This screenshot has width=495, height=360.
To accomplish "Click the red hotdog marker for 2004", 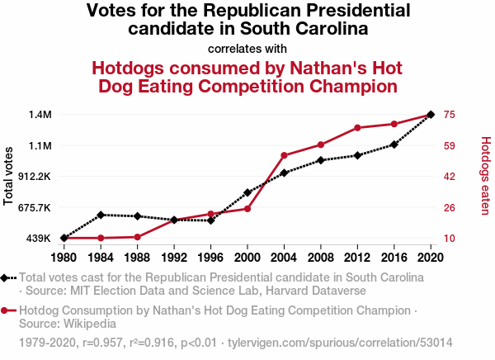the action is point(284,155).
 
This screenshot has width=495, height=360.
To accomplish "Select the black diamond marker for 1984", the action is point(101,215).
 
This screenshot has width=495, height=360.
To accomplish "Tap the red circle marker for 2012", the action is point(357,128).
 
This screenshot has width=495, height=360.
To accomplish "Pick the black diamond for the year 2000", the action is point(247,192).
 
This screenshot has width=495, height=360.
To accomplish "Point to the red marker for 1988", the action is point(137,237).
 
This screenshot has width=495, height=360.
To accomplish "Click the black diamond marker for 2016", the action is point(394,144).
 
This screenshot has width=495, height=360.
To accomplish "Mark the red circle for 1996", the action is point(210,214).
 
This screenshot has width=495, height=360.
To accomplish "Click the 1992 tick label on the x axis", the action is point(174,258).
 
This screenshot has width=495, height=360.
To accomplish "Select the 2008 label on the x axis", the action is point(320,258).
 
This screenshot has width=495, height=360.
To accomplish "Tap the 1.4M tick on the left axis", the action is point(40,115).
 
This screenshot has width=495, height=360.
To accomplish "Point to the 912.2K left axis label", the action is point(35,177).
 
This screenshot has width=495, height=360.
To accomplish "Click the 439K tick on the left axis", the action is point(39,239).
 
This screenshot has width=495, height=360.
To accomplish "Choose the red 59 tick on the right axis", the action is point(450,146).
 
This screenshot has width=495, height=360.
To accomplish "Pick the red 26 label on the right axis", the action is point(450,208).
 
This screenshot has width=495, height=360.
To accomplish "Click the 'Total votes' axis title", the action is point(8,176).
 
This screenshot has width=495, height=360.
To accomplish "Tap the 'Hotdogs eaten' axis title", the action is point(486,176).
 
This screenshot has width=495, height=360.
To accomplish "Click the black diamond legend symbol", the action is point(4,278).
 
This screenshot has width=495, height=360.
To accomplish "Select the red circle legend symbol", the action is point(4,311).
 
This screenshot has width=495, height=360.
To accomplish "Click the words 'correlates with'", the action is point(247,49).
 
